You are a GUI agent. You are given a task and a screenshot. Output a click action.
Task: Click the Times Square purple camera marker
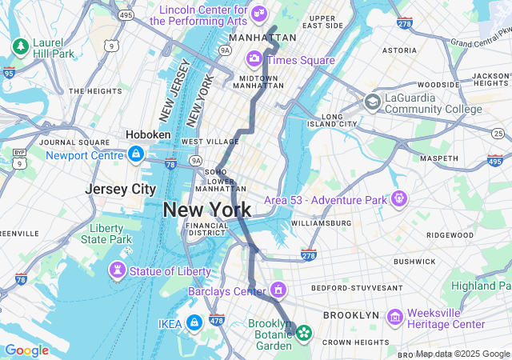[254, 58]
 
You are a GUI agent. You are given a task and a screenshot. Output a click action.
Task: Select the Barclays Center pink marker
[278, 290]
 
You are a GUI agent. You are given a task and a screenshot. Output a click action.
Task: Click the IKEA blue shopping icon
[194, 322]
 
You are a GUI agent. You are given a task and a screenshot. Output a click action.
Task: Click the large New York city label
[207, 210]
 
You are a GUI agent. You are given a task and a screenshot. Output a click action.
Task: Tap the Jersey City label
[120, 190]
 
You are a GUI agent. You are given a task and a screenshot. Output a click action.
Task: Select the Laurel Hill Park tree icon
[19, 46]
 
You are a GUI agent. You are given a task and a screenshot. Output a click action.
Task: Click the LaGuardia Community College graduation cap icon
[372, 102]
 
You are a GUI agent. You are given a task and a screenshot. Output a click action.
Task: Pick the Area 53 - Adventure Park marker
[398, 198]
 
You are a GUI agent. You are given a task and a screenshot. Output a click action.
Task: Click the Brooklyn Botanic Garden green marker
[303, 332]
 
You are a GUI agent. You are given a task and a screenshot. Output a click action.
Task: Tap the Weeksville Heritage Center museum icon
[394, 318]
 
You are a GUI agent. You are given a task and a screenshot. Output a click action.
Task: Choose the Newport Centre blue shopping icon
[136, 153]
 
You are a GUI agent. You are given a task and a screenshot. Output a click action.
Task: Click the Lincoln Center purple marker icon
[258, 13]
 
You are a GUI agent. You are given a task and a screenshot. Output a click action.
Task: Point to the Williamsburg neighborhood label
[321, 222]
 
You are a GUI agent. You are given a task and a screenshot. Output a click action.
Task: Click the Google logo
[26, 350]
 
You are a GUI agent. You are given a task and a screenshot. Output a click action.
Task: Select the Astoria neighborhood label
[399, 50]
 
